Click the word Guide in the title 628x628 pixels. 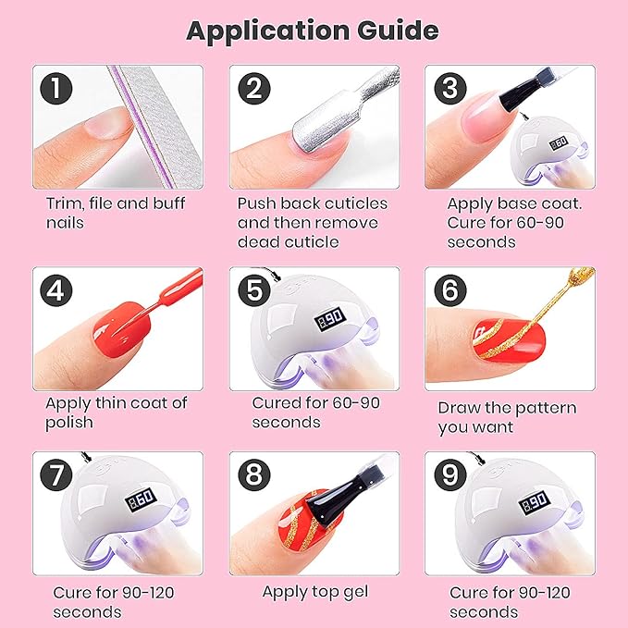click(x=398, y=31)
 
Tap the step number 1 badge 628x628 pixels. click(x=56, y=89)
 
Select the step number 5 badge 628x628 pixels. click(x=254, y=290)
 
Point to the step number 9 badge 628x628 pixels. click(x=450, y=475)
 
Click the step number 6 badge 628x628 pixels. click(x=450, y=290)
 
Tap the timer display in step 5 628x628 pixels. click(x=330, y=319)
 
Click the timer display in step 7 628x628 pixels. click(x=141, y=499)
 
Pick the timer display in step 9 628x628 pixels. click(x=535, y=503)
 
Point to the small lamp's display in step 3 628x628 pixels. click(x=559, y=143)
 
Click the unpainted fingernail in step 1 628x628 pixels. click(x=107, y=123)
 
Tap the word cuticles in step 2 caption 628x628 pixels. click(x=356, y=203)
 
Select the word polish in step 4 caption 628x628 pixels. click(x=69, y=423)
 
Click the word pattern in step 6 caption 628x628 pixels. click(x=547, y=408)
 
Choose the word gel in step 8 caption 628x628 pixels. click(x=355, y=593)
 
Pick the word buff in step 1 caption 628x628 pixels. click(x=169, y=203)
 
